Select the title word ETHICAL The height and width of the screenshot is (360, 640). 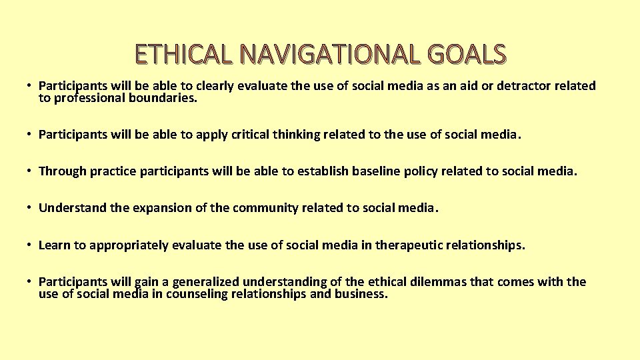[x=183, y=55]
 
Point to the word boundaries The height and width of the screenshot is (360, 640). [x=169, y=98]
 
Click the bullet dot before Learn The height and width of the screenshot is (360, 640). [x=31, y=245]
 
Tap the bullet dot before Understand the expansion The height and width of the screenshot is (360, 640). [x=31, y=208]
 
